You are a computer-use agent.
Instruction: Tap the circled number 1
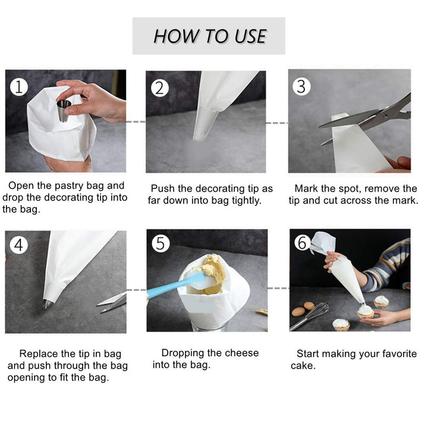click(19, 87)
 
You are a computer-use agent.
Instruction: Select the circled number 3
click(301, 86)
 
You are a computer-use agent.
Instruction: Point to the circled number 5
click(160, 244)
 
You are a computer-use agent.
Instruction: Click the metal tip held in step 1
click(64, 111)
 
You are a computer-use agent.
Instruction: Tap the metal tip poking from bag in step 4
click(48, 304)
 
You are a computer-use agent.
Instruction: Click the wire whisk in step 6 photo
click(312, 315)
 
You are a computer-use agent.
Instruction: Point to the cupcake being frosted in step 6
click(365, 311)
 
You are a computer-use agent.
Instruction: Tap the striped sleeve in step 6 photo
click(389, 265)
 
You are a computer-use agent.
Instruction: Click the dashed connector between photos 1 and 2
click(136, 122)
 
